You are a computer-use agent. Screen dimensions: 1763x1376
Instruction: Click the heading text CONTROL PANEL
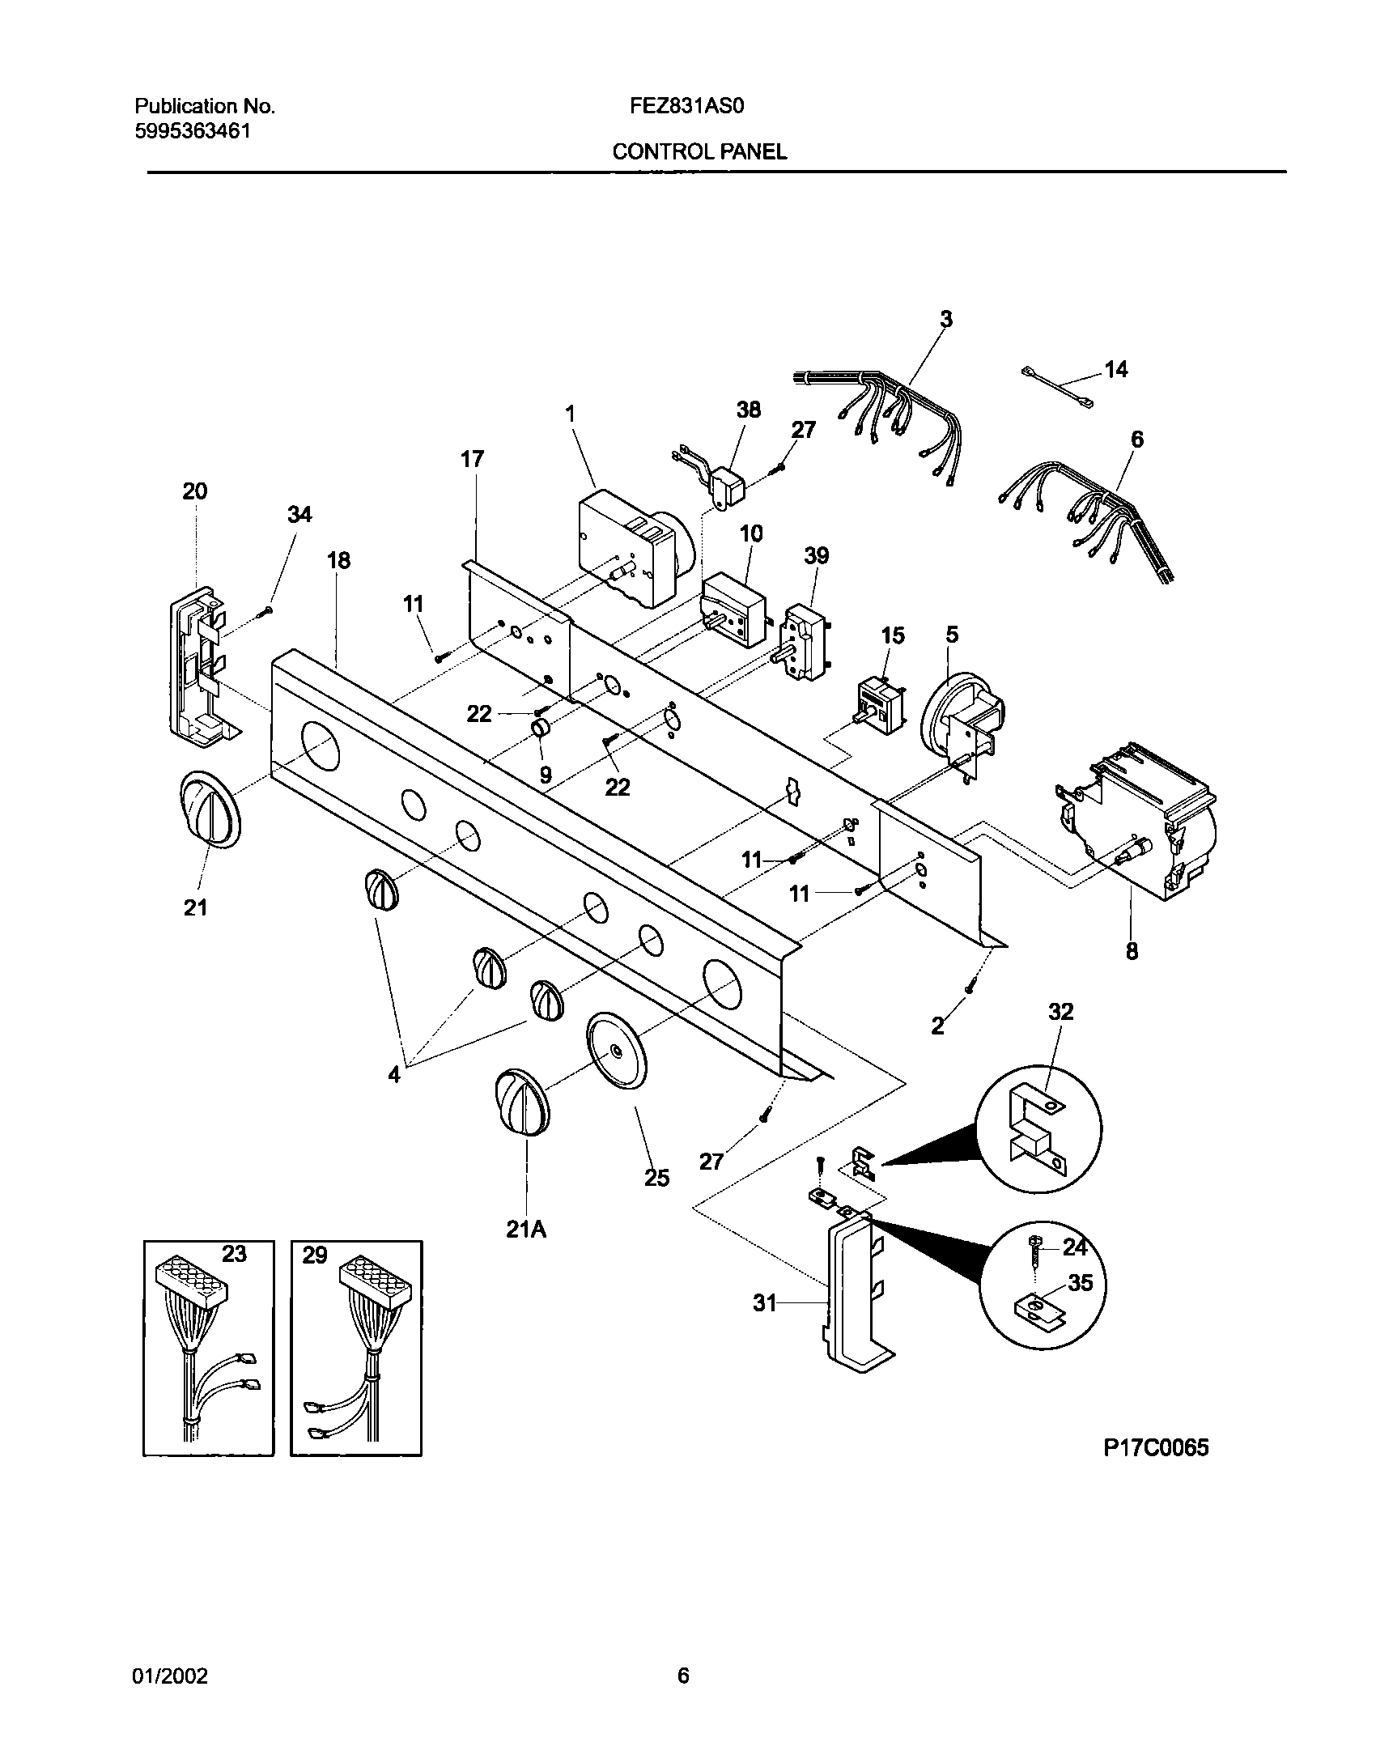tap(699, 151)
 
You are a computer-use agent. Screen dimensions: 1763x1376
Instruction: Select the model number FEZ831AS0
tap(686, 106)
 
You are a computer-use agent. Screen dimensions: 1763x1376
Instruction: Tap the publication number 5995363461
tap(192, 130)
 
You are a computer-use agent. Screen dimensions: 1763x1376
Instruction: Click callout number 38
tap(749, 410)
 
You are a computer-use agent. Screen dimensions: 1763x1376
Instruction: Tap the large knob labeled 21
tap(207, 809)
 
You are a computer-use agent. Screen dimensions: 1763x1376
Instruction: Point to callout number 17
tap(472, 460)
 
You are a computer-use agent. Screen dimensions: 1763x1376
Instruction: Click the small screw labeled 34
tap(264, 614)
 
